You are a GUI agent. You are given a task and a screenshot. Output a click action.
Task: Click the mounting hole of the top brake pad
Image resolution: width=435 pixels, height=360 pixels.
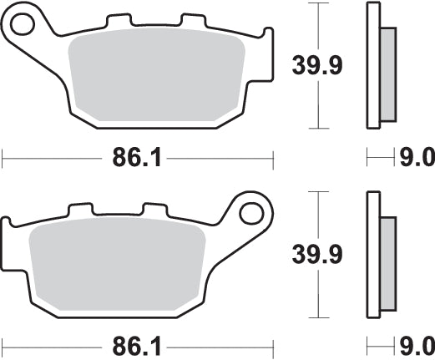tap(30, 21)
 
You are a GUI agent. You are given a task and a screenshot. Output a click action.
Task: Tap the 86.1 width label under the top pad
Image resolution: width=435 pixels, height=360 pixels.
tap(137, 156)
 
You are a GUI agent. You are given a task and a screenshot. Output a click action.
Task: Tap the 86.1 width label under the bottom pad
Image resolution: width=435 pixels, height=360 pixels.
tap(137, 344)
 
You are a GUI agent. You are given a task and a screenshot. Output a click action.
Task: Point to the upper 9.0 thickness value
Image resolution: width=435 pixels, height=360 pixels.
tap(417, 156)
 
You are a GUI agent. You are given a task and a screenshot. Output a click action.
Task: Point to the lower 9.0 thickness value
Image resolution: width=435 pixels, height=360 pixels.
tap(417, 344)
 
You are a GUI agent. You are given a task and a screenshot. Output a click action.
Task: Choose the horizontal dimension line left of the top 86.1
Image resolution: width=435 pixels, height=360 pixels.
tap(50, 156)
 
